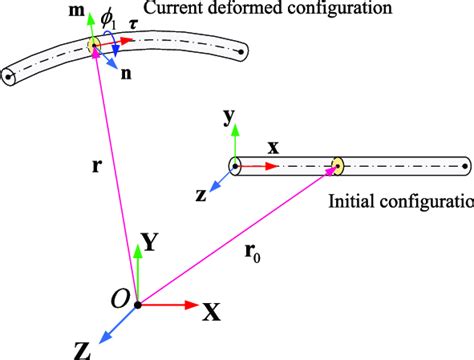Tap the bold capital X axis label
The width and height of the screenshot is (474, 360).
click(212, 311)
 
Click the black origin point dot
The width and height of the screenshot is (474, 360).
click(137, 302)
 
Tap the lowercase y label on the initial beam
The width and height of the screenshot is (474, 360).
click(229, 118)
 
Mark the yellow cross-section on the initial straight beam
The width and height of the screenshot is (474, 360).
click(337, 167)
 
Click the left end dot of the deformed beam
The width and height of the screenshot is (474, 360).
click(10, 74)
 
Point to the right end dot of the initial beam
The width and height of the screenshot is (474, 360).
click(462, 166)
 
